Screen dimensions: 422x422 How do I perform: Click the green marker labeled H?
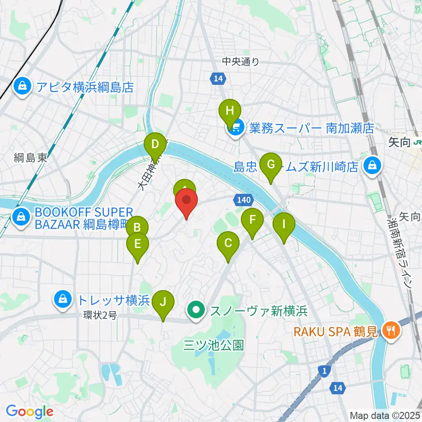click(229, 110)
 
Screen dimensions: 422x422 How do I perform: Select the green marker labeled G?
click(271, 165)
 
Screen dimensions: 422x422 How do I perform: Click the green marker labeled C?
click(228, 243)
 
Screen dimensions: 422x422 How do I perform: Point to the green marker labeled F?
click(252, 219)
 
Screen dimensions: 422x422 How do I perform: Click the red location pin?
click(186, 200)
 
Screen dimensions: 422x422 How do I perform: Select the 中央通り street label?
click(241, 62)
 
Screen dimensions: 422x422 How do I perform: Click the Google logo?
click(29, 411)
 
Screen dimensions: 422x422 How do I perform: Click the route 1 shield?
click(324, 371)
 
